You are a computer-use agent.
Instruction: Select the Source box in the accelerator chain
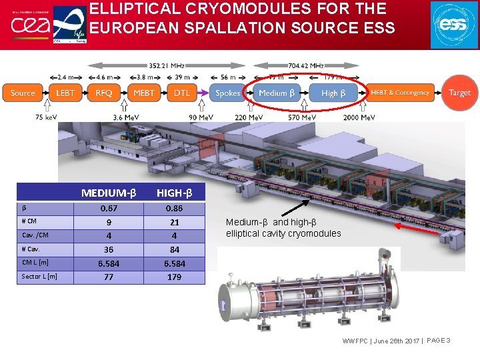(x=23, y=93)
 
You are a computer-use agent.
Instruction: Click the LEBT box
(x=65, y=93)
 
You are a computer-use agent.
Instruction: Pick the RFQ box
(x=104, y=93)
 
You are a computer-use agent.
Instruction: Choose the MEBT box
(x=143, y=93)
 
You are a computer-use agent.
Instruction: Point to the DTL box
(x=181, y=93)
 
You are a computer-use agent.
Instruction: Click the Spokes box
(x=228, y=93)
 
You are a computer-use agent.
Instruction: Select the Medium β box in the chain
(x=277, y=93)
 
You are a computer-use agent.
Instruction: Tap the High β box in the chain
(x=333, y=93)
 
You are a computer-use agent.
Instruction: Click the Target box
(x=459, y=93)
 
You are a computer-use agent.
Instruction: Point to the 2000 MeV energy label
(x=360, y=118)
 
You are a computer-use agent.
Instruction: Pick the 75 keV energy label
(x=46, y=118)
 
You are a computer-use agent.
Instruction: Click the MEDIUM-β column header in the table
(x=109, y=193)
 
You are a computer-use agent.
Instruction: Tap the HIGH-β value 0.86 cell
(x=174, y=209)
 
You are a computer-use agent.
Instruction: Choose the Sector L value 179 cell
(x=174, y=277)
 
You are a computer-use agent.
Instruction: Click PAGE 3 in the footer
(x=438, y=341)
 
